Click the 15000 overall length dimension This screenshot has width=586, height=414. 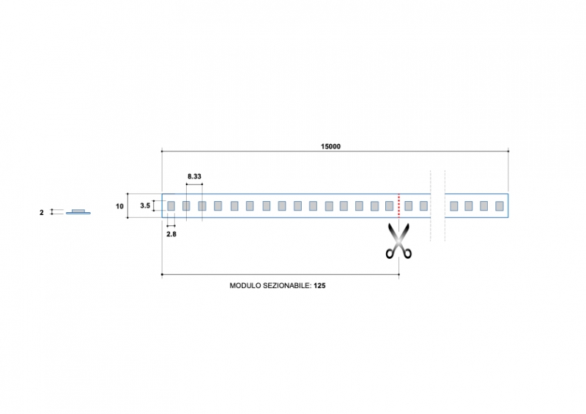pyautogui.click(x=330, y=146)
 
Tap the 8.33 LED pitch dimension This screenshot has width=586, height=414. pyautogui.click(x=194, y=177)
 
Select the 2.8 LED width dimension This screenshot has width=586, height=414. pyautogui.click(x=171, y=234)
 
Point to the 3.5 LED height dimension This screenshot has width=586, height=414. pyautogui.click(x=145, y=206)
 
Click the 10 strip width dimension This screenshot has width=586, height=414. pyautogui.click(x=119, y=206)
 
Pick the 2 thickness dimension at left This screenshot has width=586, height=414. pyautogui.click(x=42, y=213)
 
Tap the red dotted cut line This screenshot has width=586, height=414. pyautogui.click(x=398, y=206)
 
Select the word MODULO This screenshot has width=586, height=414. pyautogui.click(x=245, y=287)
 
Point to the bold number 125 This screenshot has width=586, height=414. pyautogui.click(x=319, y=287)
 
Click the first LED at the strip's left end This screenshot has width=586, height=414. pyautogui.click(x=171, y=206)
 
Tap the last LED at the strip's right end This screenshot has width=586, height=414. pyautogui.click(x=500, y=206)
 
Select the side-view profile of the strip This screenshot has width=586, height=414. pyautogui.click(x=78, y=212)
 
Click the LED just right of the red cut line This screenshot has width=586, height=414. pyautogui.click(x=408, y=206)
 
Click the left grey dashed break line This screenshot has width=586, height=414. pyautogui.click(x=431, y=206)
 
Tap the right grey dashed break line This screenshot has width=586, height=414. pyautogui.click(x=445, y=206)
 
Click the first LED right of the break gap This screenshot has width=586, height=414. pyautogui.click(x=453, y=206)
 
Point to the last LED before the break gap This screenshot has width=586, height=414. pyautogui.click(x=423, y=206)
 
